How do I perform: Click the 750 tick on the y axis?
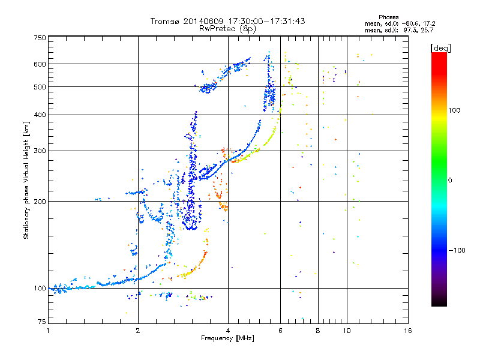(x=40, y=37)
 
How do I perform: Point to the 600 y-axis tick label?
(x=40, y=64)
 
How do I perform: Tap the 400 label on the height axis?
(x=40, y=115)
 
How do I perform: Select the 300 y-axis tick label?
(x=40, y=151)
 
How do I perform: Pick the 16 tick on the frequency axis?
(x=408, y=331)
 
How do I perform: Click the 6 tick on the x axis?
(x=281, y=331)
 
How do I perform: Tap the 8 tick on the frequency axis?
(x=318, y=331)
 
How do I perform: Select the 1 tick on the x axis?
(x=48, y=331)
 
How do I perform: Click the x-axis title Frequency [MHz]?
(x=227, y=338)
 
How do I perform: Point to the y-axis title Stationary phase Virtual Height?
(x=26, y=180)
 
